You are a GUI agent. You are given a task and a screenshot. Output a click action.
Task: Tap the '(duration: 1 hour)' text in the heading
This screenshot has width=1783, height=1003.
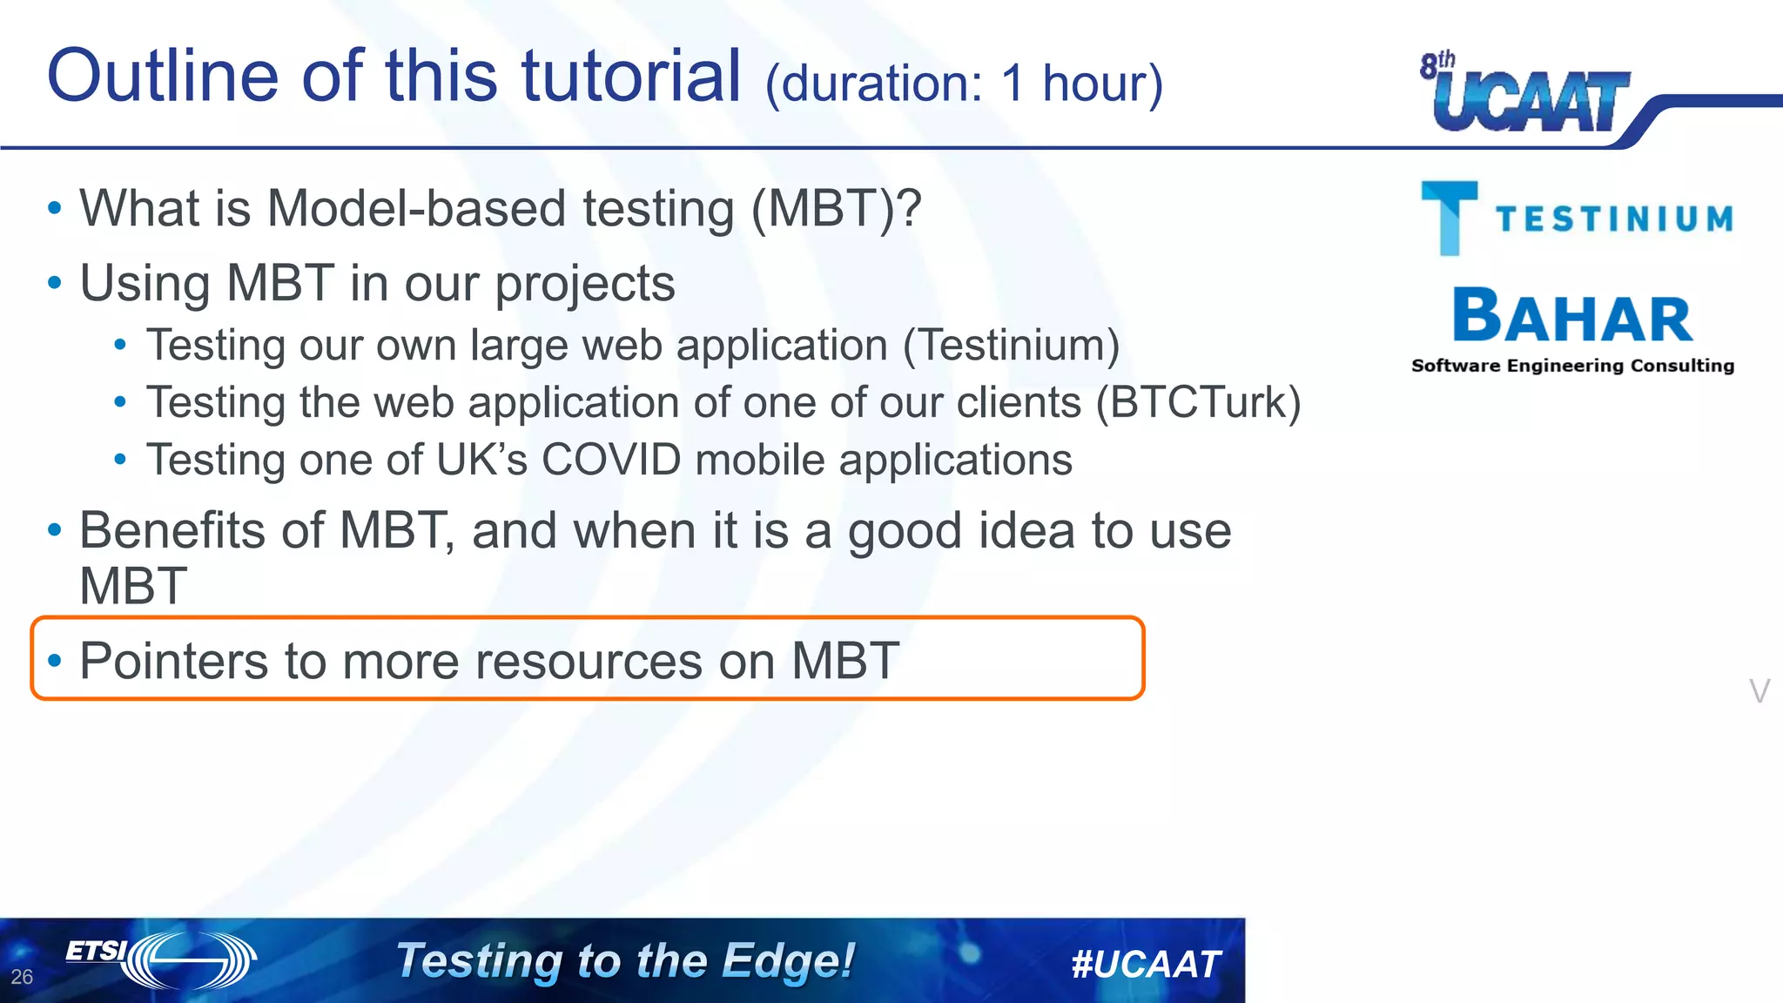pyautogui.click(x=963, y=84)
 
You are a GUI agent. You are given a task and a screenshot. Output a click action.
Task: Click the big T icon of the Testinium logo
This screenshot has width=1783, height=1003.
pyautogui.click(x=1449, y=218)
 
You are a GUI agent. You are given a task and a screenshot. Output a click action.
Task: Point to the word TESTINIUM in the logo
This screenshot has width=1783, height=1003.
pyautogui.click(x=1614, y=219)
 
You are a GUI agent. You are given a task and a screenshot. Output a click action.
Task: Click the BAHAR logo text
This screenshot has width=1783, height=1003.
pyautogui.click(x=1572, y=317)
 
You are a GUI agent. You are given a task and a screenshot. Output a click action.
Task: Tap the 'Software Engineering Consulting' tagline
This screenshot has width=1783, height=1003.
pyautogui.click(x=1572, y=366)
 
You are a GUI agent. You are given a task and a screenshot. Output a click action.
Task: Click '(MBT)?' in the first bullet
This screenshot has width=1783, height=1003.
pyautogui.click(x=836, y=210)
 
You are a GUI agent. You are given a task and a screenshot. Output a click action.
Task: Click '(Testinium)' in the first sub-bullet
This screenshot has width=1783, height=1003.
pyautogui.click(x=1011, y=346)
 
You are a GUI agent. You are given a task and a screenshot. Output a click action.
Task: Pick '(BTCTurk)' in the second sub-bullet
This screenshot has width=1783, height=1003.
pyautogui.click(x=1197, y=403)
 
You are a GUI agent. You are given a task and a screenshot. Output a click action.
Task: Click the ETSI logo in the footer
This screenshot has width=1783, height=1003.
pyautogui.click(x=161, y=959)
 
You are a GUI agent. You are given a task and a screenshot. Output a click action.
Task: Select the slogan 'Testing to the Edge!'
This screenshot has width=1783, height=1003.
pyautogui.click(x=625, y=961)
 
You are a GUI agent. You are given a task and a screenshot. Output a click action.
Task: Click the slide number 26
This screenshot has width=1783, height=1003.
pyautogui.click(x=22, y=977)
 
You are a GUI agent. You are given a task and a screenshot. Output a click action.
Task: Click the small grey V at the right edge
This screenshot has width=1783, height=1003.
pyautogui.click(x=1759, y=691)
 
